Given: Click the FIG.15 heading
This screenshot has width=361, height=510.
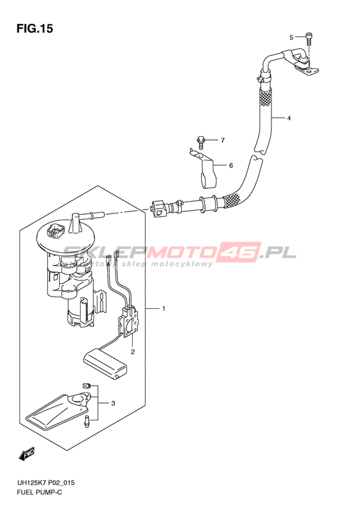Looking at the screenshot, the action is (35, 28).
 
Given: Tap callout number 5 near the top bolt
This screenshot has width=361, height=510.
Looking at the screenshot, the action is (291, 37).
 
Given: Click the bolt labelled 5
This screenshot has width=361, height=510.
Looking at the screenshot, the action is (308, 39).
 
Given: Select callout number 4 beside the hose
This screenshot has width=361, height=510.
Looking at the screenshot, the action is (289, 119).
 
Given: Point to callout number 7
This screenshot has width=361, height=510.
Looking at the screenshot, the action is (223, 140).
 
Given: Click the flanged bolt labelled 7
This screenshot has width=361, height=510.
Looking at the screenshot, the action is (200, 142).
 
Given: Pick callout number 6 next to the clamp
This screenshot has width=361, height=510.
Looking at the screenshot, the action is (231, 166).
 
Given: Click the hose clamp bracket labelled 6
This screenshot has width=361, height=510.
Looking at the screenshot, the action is (203, 168).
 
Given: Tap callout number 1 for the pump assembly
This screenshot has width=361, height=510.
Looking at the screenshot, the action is (164, 308).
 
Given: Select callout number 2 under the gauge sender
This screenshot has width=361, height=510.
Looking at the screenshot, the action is (133, 351).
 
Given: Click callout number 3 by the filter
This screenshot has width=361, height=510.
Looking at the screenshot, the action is (113, 404).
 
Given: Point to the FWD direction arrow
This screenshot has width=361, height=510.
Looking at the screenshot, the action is (27, 454).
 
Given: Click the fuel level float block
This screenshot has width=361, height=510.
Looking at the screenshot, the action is (105, 366).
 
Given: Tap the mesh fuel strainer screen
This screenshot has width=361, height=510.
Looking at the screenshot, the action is (59, 411).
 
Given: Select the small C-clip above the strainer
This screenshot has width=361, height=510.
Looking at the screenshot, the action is (86, 385).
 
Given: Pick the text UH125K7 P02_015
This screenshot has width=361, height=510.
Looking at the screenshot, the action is (45, 482).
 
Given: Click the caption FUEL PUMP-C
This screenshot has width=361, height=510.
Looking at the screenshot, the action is (39, 493).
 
